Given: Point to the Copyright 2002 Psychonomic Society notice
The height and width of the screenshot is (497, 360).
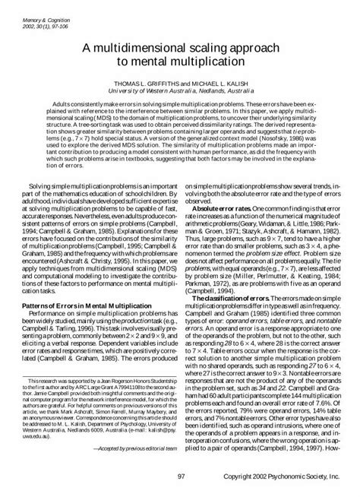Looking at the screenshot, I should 286,476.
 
